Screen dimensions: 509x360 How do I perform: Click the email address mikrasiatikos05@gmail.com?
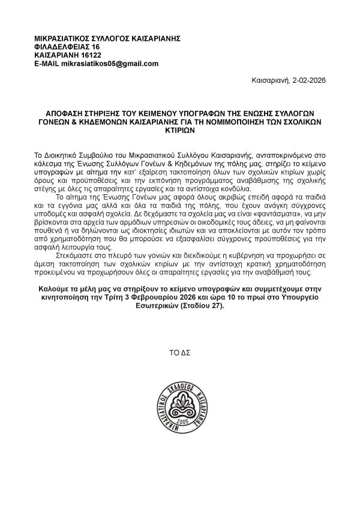tap(113, 64)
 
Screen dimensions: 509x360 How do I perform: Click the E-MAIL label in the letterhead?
tap(49, 64)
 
